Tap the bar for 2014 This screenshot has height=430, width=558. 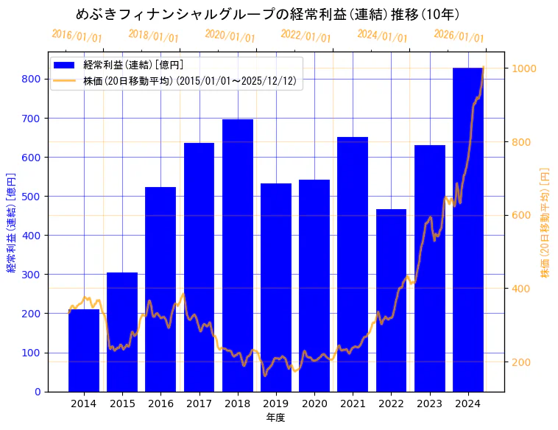click(84, 350)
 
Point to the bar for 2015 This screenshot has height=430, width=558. click(122, 331)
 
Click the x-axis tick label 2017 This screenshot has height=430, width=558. click(199, 403)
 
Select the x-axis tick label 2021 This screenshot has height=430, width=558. click(353, 403)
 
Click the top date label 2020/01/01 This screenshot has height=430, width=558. click(230, 35)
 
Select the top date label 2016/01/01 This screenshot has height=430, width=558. click(77, 35)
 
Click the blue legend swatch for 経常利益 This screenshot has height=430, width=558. click(65, 65)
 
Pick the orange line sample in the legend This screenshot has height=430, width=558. click(65, 81)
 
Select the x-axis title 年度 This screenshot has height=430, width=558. click(275, 417)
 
